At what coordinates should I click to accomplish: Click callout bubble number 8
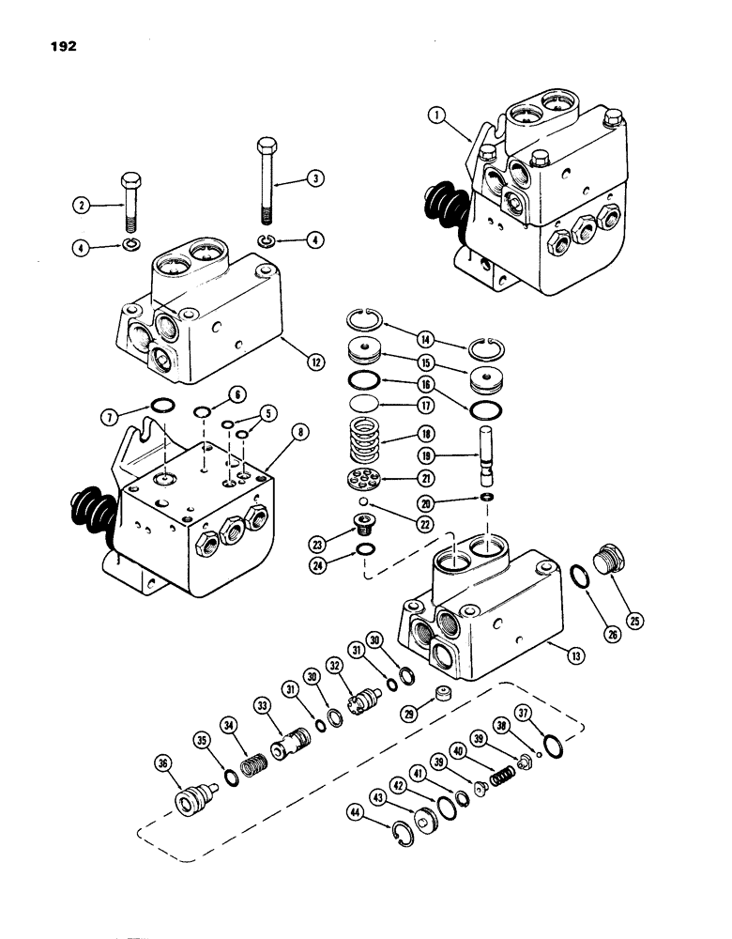[299, 433]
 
